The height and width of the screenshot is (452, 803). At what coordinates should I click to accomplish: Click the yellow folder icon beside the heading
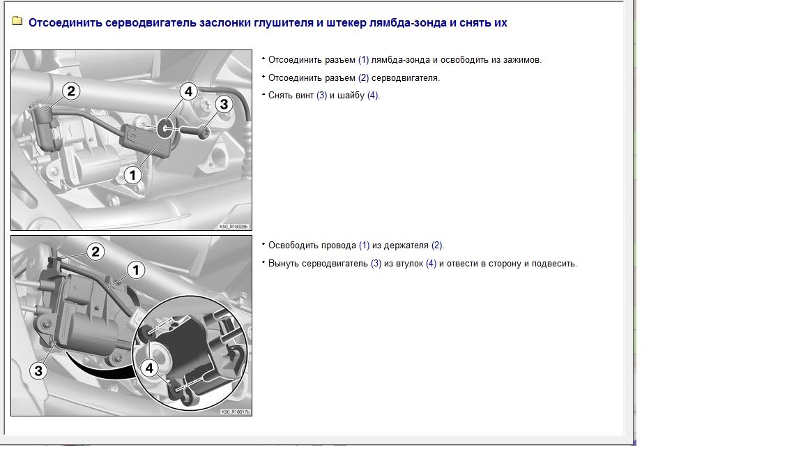pyautogui.click(x=17, y=22)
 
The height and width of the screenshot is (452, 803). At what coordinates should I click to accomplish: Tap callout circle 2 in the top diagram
pyautogui.click(x=71, y=90)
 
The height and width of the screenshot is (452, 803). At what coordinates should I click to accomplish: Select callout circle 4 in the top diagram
pyautogui.click(x=188, y=91)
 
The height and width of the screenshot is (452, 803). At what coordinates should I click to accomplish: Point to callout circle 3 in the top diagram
pyautogui.click(x=223, y=105)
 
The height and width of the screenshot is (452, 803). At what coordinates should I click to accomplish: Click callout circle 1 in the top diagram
pyautogui.click(x=132, y=175)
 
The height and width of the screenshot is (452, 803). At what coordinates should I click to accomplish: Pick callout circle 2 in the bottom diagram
pyautogui.click(x=95, y=251)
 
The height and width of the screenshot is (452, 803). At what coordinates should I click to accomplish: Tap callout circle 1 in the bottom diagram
pyautogui.click(x=135, y=269)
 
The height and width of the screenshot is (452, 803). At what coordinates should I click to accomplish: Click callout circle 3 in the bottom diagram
pyautogui.click(x=38, y=370)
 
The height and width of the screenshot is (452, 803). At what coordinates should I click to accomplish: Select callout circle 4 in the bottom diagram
pyautogui.click(x=148, y=368)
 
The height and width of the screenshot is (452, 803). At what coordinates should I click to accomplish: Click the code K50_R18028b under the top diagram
pyautogui.click(x=234, y=227)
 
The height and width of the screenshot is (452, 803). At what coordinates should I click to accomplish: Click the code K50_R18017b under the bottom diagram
pyautogui.click(x=235, y=412)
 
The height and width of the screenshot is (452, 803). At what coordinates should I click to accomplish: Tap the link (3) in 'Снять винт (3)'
pyautogui.click(x=321, y=96)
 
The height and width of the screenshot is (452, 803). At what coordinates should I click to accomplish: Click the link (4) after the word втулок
pyautogui.click(x=431, y=264)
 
